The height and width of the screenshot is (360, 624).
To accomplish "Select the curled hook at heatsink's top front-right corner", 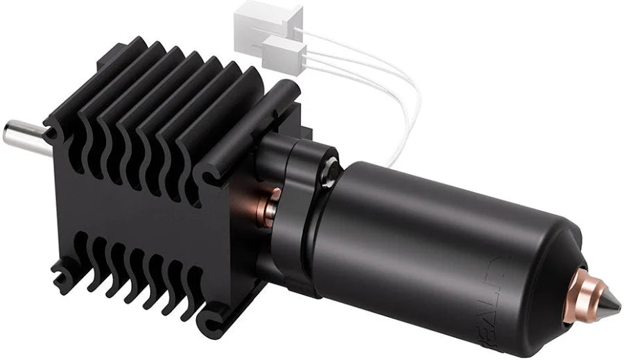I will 208,171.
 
